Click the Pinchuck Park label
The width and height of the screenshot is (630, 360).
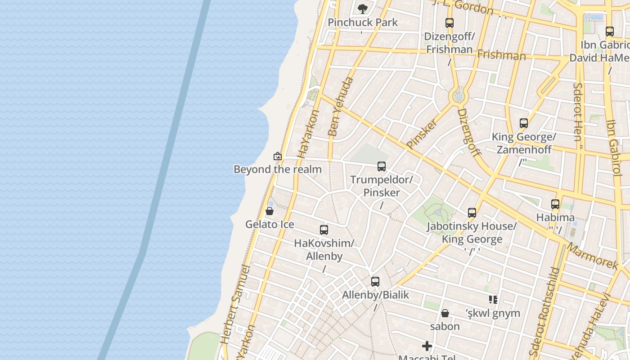(363, 22)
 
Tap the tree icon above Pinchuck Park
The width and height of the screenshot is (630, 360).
(362, 9)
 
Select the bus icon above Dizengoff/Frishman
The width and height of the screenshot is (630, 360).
(449, 23)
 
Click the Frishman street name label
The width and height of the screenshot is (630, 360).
(501, 55)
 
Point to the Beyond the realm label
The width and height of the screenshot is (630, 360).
(277, 169)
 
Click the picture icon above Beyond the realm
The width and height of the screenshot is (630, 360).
(278, 156)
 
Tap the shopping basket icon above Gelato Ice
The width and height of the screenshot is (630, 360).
(270, 211)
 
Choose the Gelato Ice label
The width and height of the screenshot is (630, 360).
(270, 224)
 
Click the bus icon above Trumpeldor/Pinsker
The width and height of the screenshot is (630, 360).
(382, 167)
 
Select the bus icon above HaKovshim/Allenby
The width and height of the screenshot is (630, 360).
(324, 230)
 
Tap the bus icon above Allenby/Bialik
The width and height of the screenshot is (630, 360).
(375, 282)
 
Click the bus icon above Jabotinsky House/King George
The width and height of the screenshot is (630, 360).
(472, 213)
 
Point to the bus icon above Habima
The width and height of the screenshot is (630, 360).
(555, 204)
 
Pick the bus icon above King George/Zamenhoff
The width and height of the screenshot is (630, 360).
(523, 123)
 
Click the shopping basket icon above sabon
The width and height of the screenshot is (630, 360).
(445, 313)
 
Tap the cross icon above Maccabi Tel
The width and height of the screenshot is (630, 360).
(427, 346)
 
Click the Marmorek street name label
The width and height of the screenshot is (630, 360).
(592, 256)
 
